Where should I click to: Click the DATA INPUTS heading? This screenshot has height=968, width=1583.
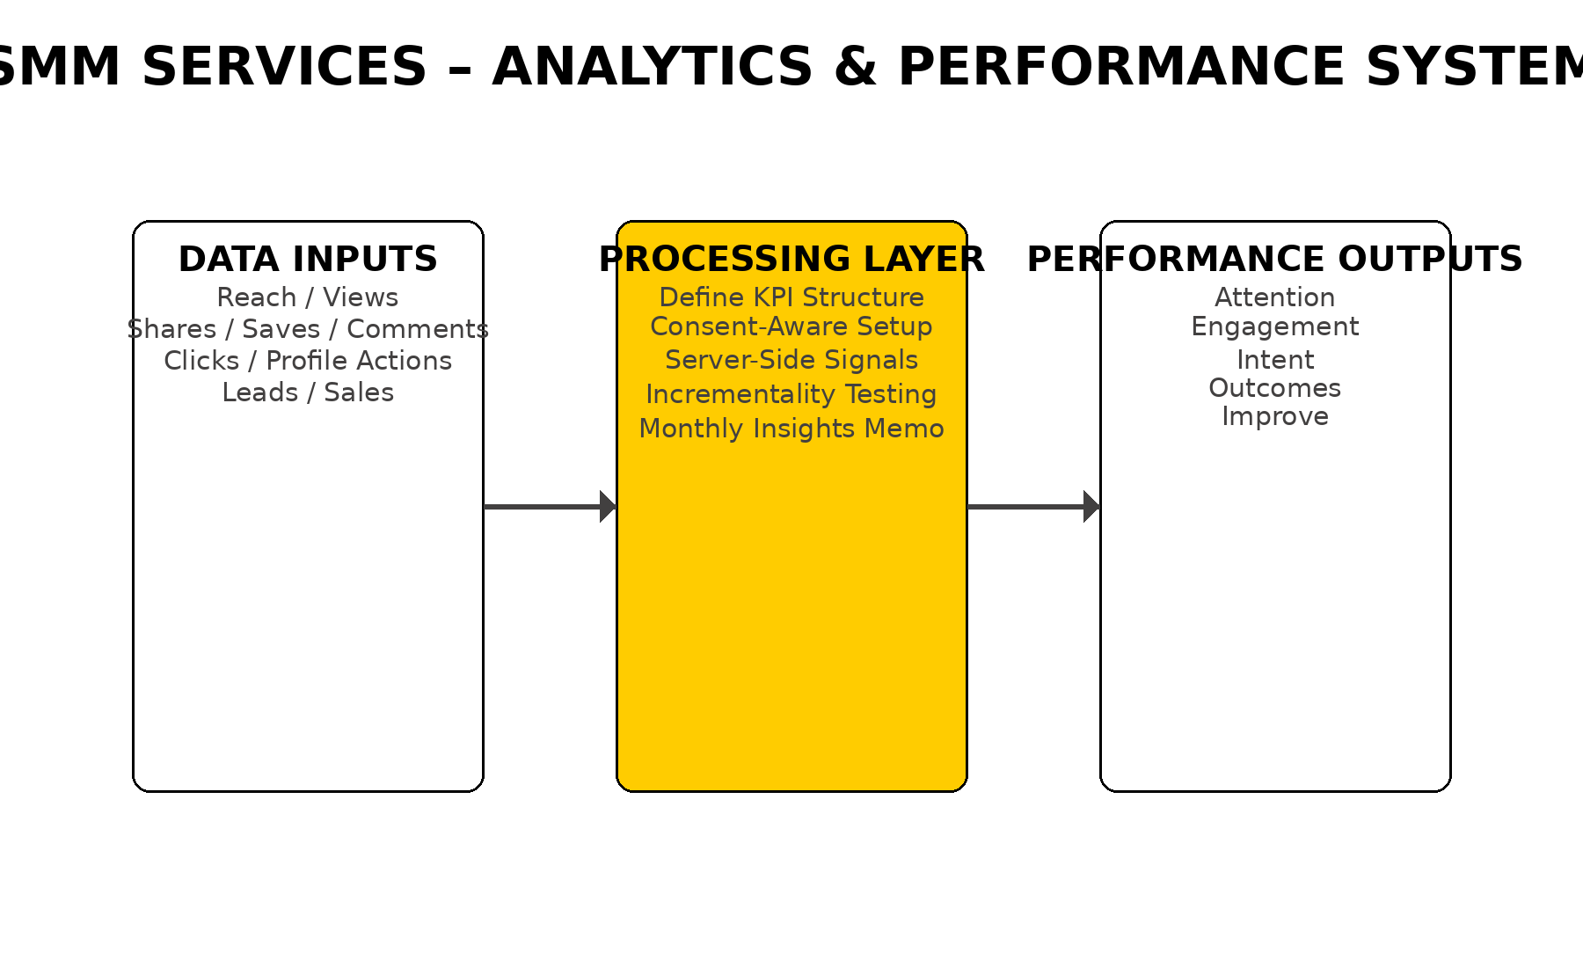308,260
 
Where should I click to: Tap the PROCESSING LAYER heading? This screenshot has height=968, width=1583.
791,260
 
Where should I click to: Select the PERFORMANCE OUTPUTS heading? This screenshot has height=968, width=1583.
1274,260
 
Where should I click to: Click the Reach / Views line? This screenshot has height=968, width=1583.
308,297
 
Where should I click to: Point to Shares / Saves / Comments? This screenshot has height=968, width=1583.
308,329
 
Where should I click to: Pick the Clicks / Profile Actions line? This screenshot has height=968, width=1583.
308,361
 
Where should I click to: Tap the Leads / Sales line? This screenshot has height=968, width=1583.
308,392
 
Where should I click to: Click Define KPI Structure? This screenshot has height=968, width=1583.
791,297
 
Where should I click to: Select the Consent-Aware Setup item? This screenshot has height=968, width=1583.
791,326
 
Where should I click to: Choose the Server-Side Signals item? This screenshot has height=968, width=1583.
791,360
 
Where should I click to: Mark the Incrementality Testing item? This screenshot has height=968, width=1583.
791,394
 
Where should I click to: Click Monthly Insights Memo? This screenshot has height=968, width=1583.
791,429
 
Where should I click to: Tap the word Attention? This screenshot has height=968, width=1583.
1274,297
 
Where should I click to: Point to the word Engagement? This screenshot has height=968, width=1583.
1274,326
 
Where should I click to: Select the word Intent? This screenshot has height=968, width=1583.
1274,360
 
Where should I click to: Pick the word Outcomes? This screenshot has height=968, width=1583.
1274,388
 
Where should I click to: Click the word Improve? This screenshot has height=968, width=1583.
1274,416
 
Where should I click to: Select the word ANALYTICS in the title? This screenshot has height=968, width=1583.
653,67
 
